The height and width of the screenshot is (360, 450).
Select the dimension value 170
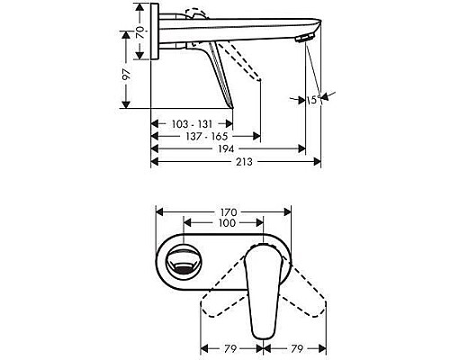(x=224, y=213)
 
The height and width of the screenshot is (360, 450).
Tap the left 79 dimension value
(x=230, y=346)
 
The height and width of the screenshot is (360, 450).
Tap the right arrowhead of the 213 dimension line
(x=318, y=162)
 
